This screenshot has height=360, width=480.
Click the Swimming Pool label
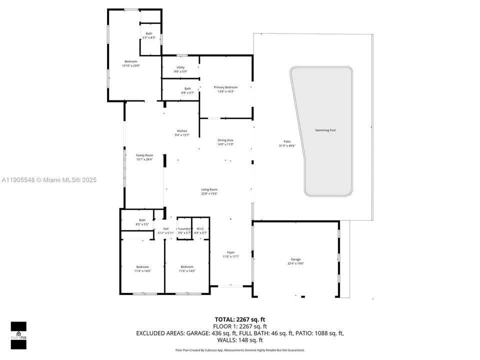point(325,130)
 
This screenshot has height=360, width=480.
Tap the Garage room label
point(296,259)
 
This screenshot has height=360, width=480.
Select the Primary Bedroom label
point(225,87)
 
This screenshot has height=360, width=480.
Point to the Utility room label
point(180,67)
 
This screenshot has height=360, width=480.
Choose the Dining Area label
point(225,140)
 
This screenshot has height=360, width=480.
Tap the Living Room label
point(209,189)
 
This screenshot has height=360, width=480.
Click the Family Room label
point(144,155)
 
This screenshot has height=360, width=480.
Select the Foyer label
point(230,252)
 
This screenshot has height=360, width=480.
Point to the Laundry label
point(184,228)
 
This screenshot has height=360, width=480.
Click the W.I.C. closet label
point(199,228)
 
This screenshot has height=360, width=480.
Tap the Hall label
point(165,228)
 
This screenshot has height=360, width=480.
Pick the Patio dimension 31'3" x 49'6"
point(287,146)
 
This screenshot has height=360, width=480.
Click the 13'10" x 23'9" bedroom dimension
point(130,65)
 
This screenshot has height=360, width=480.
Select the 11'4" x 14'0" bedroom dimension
point(142,271)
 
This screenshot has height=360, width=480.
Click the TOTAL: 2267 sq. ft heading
point(240,319)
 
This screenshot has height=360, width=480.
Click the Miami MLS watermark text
point(48,180)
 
